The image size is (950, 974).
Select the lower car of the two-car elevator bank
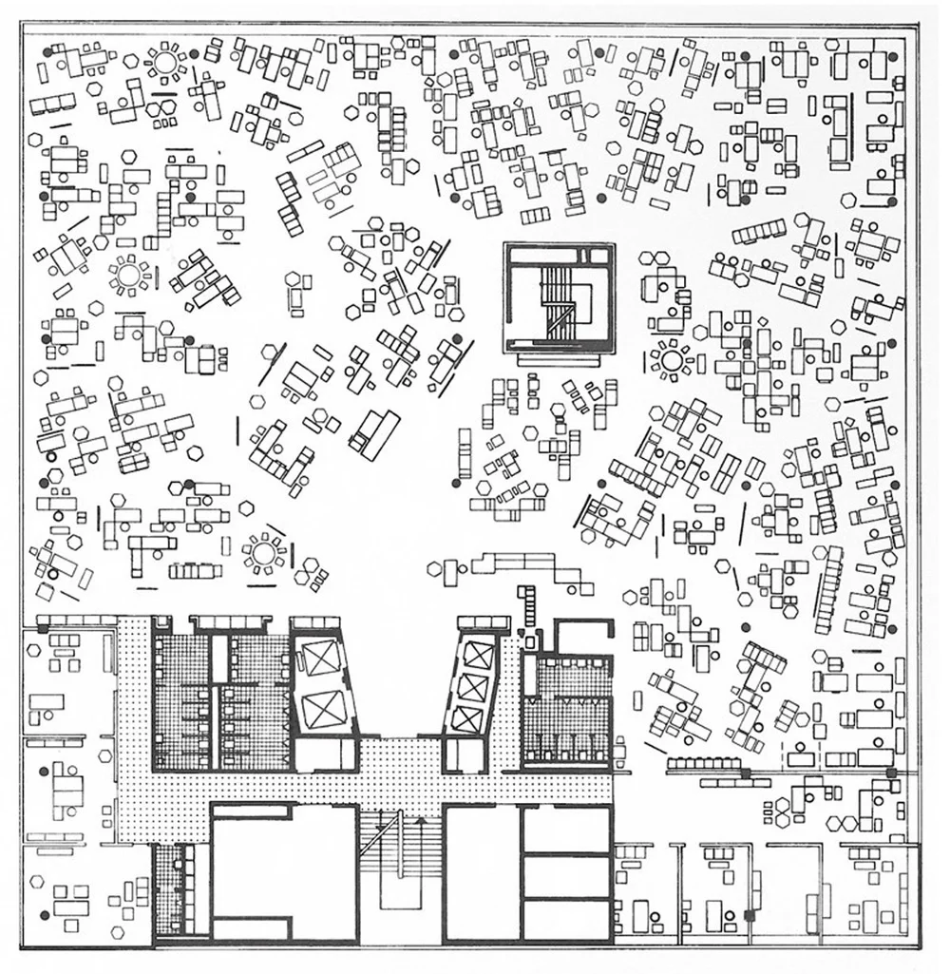point(324,709)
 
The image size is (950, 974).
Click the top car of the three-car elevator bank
point(476,651)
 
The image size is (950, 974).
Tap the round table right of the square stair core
point(673,361)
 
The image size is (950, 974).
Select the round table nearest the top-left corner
point(166,63)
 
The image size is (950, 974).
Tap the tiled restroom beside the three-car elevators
point(567,703)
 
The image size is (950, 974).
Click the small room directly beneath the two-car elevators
point(323,755)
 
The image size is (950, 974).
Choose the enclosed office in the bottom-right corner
point(878,893)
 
